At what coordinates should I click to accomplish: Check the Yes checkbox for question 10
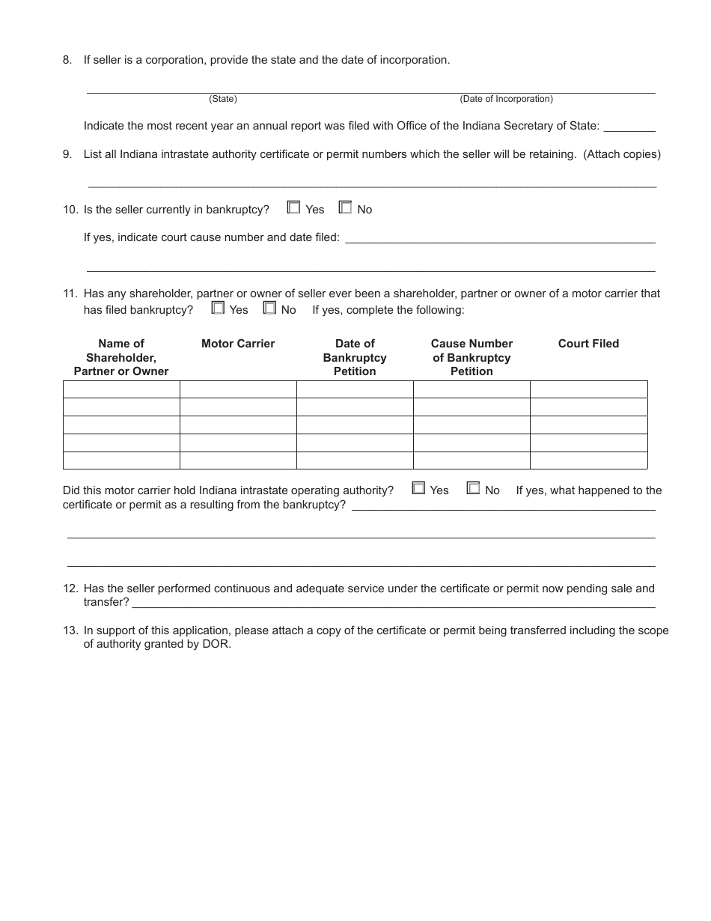tap(293, 208)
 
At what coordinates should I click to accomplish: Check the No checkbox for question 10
tap(345, 208)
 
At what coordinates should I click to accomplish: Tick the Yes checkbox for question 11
tap(218, 308)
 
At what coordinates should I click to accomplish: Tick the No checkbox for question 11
tap(269, 308)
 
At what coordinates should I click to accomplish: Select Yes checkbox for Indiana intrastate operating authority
tap(418, 488)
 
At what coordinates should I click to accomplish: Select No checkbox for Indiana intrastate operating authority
tap(473, 488)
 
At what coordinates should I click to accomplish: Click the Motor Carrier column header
tap(238, 344)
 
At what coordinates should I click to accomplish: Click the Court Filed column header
tap(588, 344)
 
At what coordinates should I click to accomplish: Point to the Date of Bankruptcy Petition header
tap(355, 357)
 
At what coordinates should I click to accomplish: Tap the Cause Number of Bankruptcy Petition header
tap(472, 357)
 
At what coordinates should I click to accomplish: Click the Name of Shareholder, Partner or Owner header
tap(121, 357)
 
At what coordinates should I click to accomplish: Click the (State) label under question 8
tap(223, 99)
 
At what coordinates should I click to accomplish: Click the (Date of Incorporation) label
tap(506, 99)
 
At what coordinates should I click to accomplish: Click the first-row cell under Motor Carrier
tap(238, 389)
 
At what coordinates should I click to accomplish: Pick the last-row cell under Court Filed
tap(588, 460)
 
